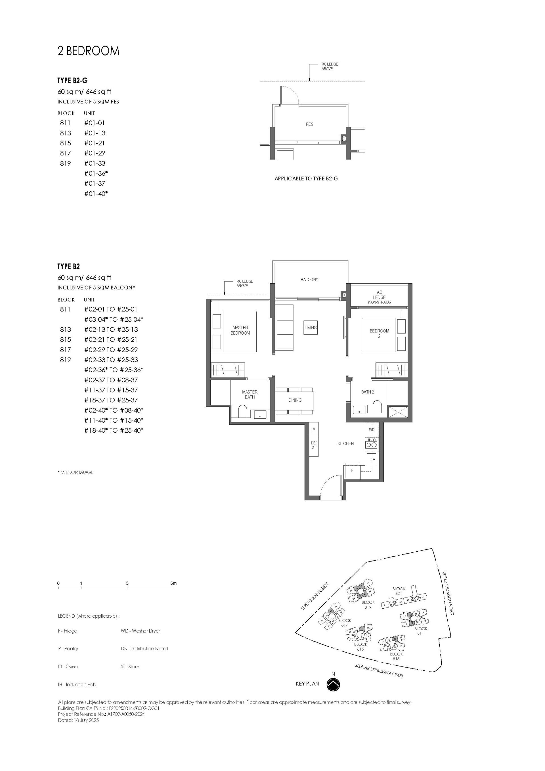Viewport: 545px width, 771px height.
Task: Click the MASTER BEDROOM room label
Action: [x=240, y=330]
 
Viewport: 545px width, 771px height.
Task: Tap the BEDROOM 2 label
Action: [x=379, y=333]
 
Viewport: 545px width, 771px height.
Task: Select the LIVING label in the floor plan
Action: [x=310, y=327]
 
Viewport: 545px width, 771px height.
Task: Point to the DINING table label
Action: [x=295, y=400]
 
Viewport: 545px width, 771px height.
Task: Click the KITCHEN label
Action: [x=345, y=443]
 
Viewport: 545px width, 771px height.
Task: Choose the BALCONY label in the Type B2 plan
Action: [x=309, y=279]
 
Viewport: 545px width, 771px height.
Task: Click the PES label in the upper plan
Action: [x=309, y=124]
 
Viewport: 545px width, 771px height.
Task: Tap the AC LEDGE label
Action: [x=379, y=297]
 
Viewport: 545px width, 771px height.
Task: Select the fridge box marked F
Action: [x=352, y=470]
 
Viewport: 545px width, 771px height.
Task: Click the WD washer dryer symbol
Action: [x=371, y=430]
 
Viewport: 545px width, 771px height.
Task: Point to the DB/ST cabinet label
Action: [x=313, y=445]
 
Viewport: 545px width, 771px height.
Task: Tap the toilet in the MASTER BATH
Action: [x=242, y=411]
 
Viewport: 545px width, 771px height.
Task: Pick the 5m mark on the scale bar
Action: [x=173, y=583]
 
